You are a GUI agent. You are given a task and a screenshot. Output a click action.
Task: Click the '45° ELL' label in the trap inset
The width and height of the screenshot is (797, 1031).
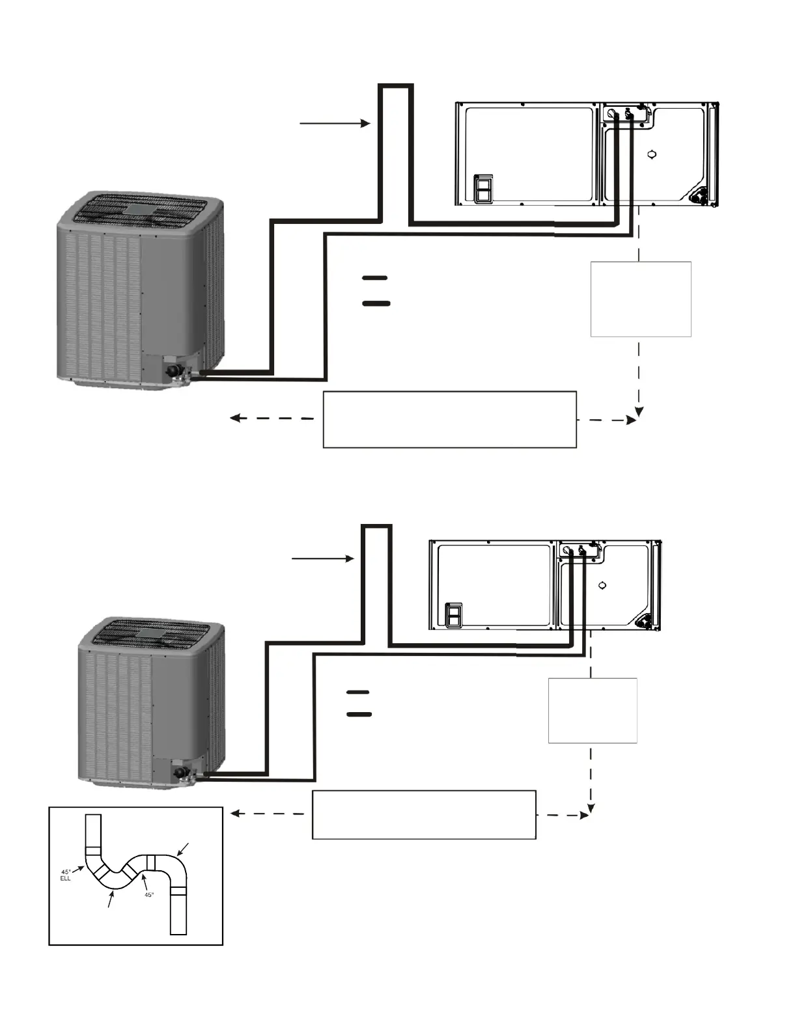pos(66,875)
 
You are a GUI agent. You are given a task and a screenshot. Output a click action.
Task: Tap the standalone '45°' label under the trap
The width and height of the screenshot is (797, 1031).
pos(148,895)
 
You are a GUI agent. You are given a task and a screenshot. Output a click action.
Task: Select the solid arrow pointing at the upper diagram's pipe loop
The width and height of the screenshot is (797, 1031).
pos(335,122)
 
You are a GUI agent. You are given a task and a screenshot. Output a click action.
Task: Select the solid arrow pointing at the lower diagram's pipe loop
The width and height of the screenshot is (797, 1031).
pos(323,558)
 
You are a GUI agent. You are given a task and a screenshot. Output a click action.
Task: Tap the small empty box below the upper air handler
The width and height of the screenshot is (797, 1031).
pos(640,299)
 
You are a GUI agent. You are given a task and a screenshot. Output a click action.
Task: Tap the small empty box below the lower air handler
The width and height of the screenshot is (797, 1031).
pos(592,710)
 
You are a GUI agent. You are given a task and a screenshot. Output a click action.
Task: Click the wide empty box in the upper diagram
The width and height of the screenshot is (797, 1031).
pos(449,419)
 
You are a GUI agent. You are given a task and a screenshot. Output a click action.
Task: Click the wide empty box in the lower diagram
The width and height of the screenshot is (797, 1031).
pos(424,814)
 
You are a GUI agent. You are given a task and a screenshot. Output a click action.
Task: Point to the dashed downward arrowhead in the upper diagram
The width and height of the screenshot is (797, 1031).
pos(639,411)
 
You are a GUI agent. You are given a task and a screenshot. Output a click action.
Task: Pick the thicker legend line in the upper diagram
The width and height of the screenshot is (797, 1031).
pos(376,303)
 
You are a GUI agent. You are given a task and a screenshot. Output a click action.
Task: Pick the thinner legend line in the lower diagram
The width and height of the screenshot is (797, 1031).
pos(357,692)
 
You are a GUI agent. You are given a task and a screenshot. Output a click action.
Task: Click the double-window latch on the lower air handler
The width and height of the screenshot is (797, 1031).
pos(453,616)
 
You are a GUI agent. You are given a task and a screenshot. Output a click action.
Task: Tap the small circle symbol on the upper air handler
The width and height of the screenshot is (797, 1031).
pos(652,155)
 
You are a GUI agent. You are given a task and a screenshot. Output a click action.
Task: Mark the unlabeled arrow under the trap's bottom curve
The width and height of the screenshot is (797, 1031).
pos(111,900)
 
